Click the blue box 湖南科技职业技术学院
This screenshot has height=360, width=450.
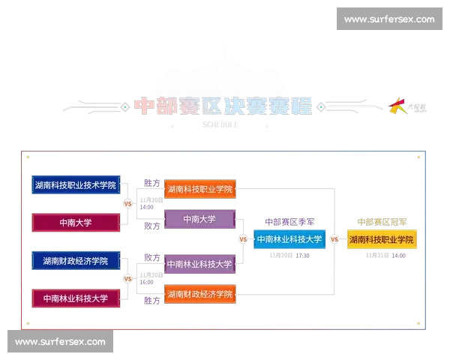pyautogui.click(x=76, y=184)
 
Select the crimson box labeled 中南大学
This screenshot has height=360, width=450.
pyautogui.click(x=76, y=222)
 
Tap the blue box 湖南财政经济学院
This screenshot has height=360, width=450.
pyautogui.click(x=76, y=261)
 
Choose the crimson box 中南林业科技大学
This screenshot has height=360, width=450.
pyautogui.click(x=76, y=298)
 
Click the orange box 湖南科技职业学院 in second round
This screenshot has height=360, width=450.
pyautogui.click(x=200, y=188)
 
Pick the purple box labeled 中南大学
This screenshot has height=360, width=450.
pyautogui.click(x=200, y=219)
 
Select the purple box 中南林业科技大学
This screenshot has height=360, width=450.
pyautogui.click(x=200, y=263)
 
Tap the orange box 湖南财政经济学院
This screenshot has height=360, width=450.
pyautogui.click(x=200, y=294)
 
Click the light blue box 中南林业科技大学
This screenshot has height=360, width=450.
pyautogui.click(x=289, y=240)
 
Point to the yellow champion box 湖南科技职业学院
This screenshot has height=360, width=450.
pyautogui.click(x=382, y=240)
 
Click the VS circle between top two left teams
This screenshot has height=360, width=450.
pyautogui.click(x=127, y=203)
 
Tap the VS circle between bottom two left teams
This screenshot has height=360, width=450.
pyautogui.click(x=127, y=279)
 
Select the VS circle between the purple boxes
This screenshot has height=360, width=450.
pyautogui.click(x=242, y=240)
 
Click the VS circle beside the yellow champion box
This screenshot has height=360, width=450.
pyautogui.click(x=334, y=240)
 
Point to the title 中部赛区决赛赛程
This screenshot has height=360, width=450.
pyautogui.click(x=223, y=106)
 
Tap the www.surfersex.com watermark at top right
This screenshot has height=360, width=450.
pyautogui.click(x=389, y=19)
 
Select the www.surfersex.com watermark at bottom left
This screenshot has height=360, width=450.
pyautogui.click(x=61, y=341)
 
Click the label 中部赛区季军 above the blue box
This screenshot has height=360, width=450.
pyautogui.click(x=289, y=222)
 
